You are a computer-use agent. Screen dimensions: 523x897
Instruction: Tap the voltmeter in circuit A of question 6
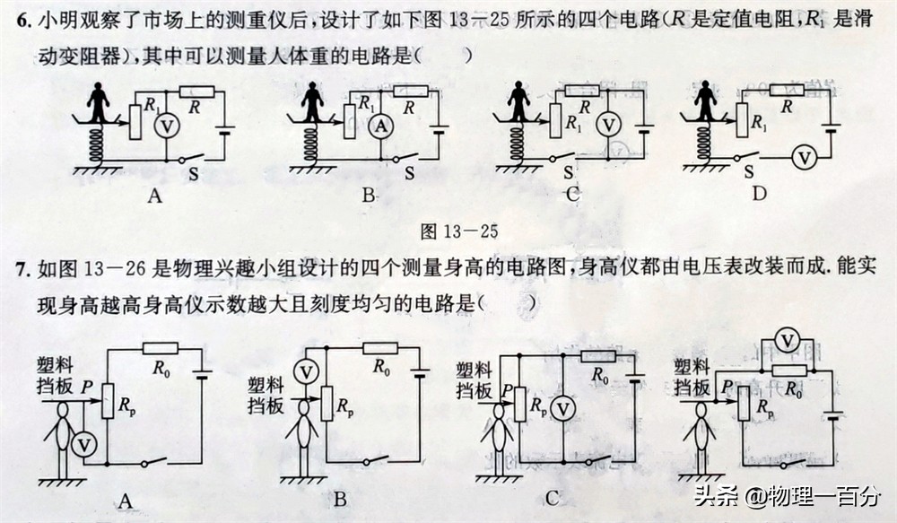pyautogui.click(x=163, y=127)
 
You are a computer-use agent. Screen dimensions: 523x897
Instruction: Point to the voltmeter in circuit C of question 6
pyautogui.click(x=609, y=126)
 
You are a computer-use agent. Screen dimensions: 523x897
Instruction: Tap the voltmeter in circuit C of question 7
pyautogui.click(x=562, y=409)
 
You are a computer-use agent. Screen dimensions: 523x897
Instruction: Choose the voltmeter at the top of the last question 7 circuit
pyautogui.click(x=788, y=340)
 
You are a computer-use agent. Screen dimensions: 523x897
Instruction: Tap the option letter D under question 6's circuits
pyautogui.click(x=760, y=193)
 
